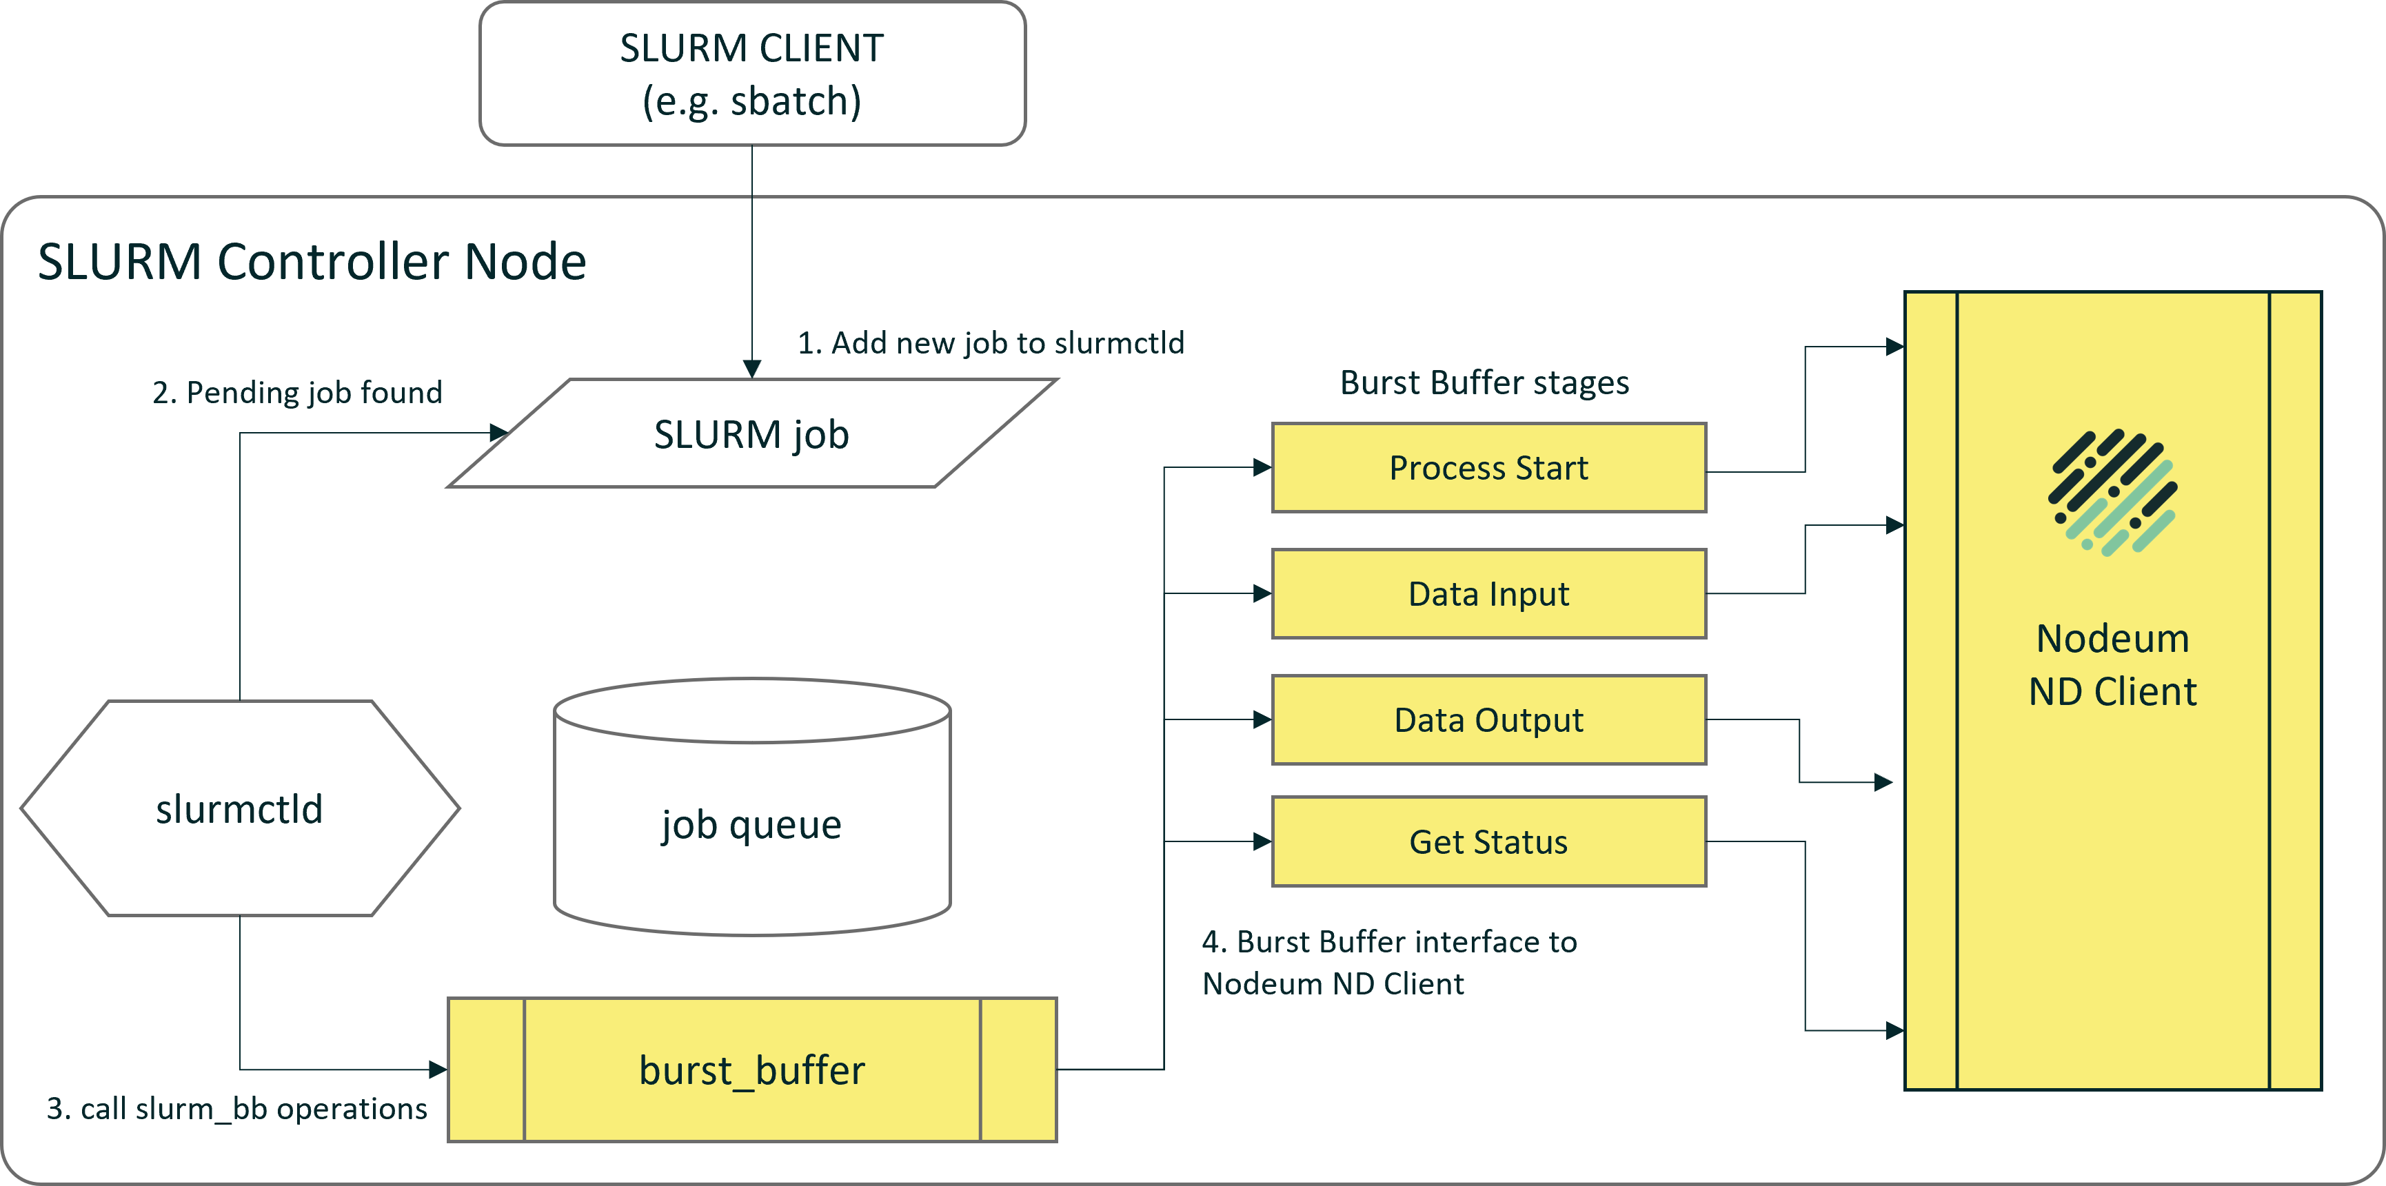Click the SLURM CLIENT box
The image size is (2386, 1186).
coord(752,74)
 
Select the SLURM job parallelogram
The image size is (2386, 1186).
coord(752,433)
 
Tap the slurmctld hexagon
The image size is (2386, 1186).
coord(240,808)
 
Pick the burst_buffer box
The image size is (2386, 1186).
coord(752,1070)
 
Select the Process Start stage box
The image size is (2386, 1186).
coord(1488,467)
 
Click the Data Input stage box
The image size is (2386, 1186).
coord(1488,593)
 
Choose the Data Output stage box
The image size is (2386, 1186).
coord(1488,719)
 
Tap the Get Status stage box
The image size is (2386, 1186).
coord(1488,841)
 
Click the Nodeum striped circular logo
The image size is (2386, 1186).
coord(2113,493)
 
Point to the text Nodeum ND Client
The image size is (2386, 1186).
coord(2113,665)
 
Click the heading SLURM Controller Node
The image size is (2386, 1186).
coord(312,261)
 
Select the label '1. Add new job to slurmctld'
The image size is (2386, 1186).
coord(991,342)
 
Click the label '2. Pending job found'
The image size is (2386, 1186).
coord(297,393)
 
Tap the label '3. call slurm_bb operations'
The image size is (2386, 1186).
coord(237,1108)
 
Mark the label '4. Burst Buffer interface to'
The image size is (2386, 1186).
coord(1389,941)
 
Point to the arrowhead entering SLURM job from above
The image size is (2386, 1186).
coord(752,369)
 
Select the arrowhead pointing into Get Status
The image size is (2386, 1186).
coord(1262,841)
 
